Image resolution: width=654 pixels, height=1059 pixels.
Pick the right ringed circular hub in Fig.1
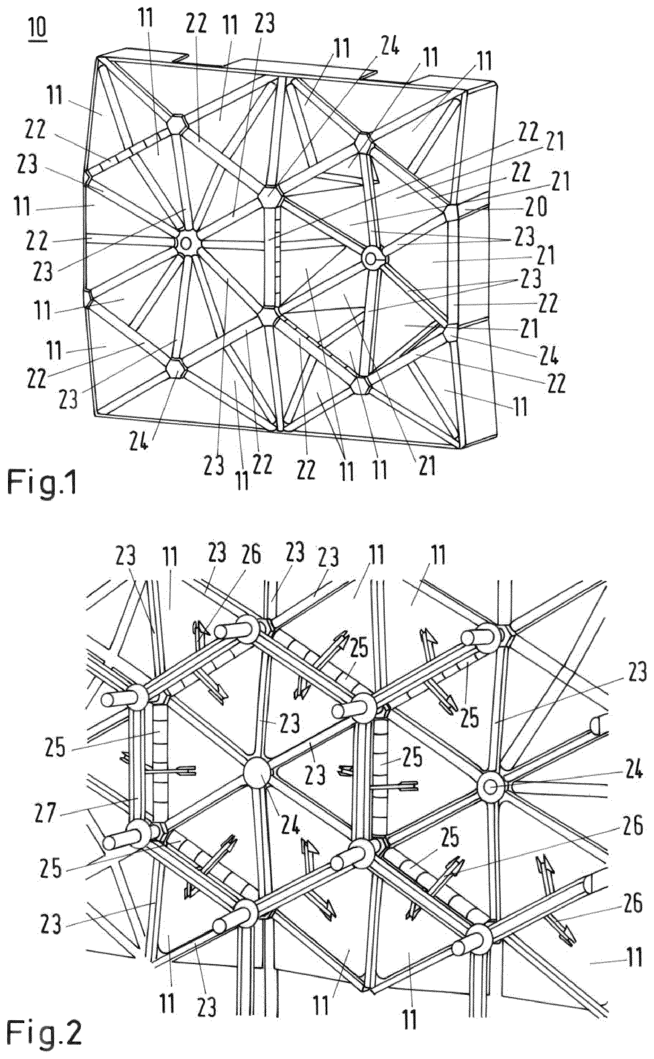pyautogui.click(x=372, y=259)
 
